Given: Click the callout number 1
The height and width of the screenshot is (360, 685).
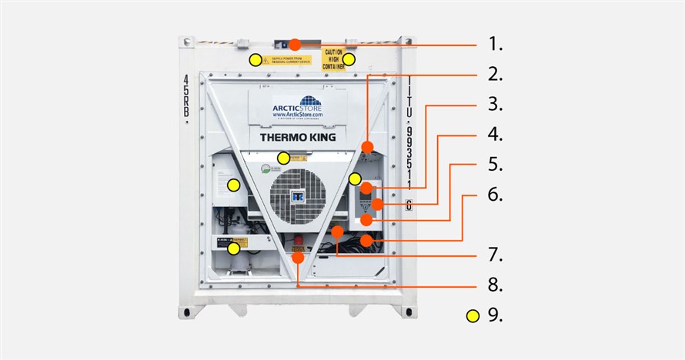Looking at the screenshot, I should click(x=496, y=44).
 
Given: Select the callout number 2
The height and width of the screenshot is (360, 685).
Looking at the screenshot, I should click(x=496, y=75).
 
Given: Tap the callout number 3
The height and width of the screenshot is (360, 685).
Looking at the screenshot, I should click(x=496, y=104).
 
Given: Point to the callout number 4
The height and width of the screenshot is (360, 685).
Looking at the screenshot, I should click(x=496, y=135).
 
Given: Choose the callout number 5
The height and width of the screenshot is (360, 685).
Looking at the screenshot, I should click(x=496, y=164).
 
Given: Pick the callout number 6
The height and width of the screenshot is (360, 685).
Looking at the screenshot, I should click(x=496, y=195).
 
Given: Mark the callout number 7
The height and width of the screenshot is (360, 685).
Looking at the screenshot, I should click(x=496, y=254).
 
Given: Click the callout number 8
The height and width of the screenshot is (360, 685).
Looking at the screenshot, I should click(x=496, y=285).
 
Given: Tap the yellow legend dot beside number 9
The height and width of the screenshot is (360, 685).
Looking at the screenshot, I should click(x=473, y=315).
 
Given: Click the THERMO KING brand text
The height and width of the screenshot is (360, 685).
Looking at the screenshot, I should click(x=296, y=138).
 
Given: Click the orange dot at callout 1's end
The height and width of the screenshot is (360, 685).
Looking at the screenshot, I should click(x=296, y=46).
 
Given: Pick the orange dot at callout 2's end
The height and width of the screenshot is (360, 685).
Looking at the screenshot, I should click(x=368, y=146).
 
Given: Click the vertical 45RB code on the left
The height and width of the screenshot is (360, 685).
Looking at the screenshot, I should click(x=186, y=97).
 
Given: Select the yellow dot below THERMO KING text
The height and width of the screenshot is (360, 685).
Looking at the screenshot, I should click(x=284, y=158).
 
